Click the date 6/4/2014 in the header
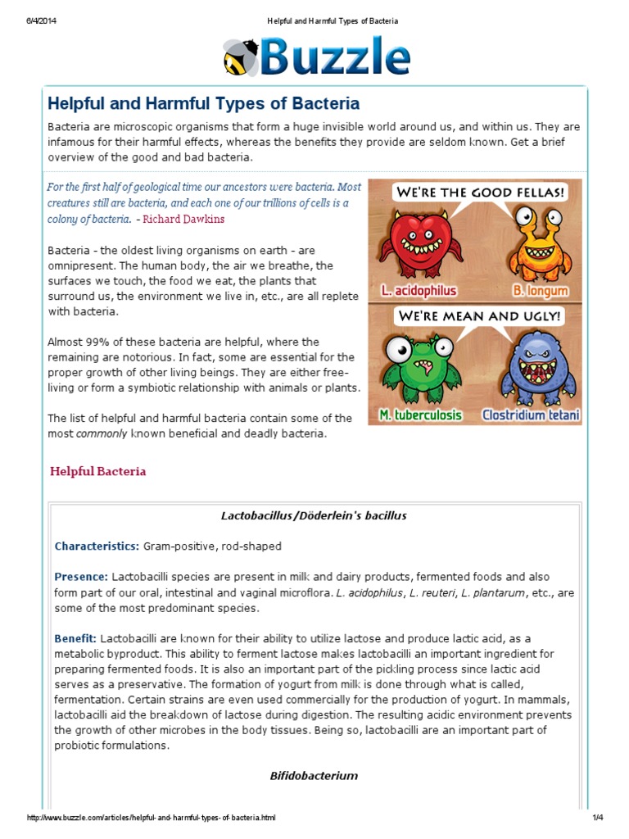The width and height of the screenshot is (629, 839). click(39, 20)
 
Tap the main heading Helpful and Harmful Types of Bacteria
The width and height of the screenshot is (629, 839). click(203, 104)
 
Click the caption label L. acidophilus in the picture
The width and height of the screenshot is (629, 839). click(419, 290)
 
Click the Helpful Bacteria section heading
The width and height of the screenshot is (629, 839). click(98, 471)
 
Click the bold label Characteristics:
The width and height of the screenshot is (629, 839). click(97, 546)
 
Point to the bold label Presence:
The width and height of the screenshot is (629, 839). click(81, 576)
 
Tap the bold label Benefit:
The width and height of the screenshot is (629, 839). click(75, 637)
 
